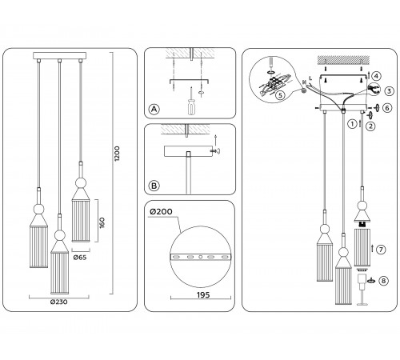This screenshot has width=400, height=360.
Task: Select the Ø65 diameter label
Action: [x=80, y=258]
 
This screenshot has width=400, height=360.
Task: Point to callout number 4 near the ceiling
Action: [x=376, y=77]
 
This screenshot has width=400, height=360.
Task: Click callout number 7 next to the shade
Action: [x=382, y=250]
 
